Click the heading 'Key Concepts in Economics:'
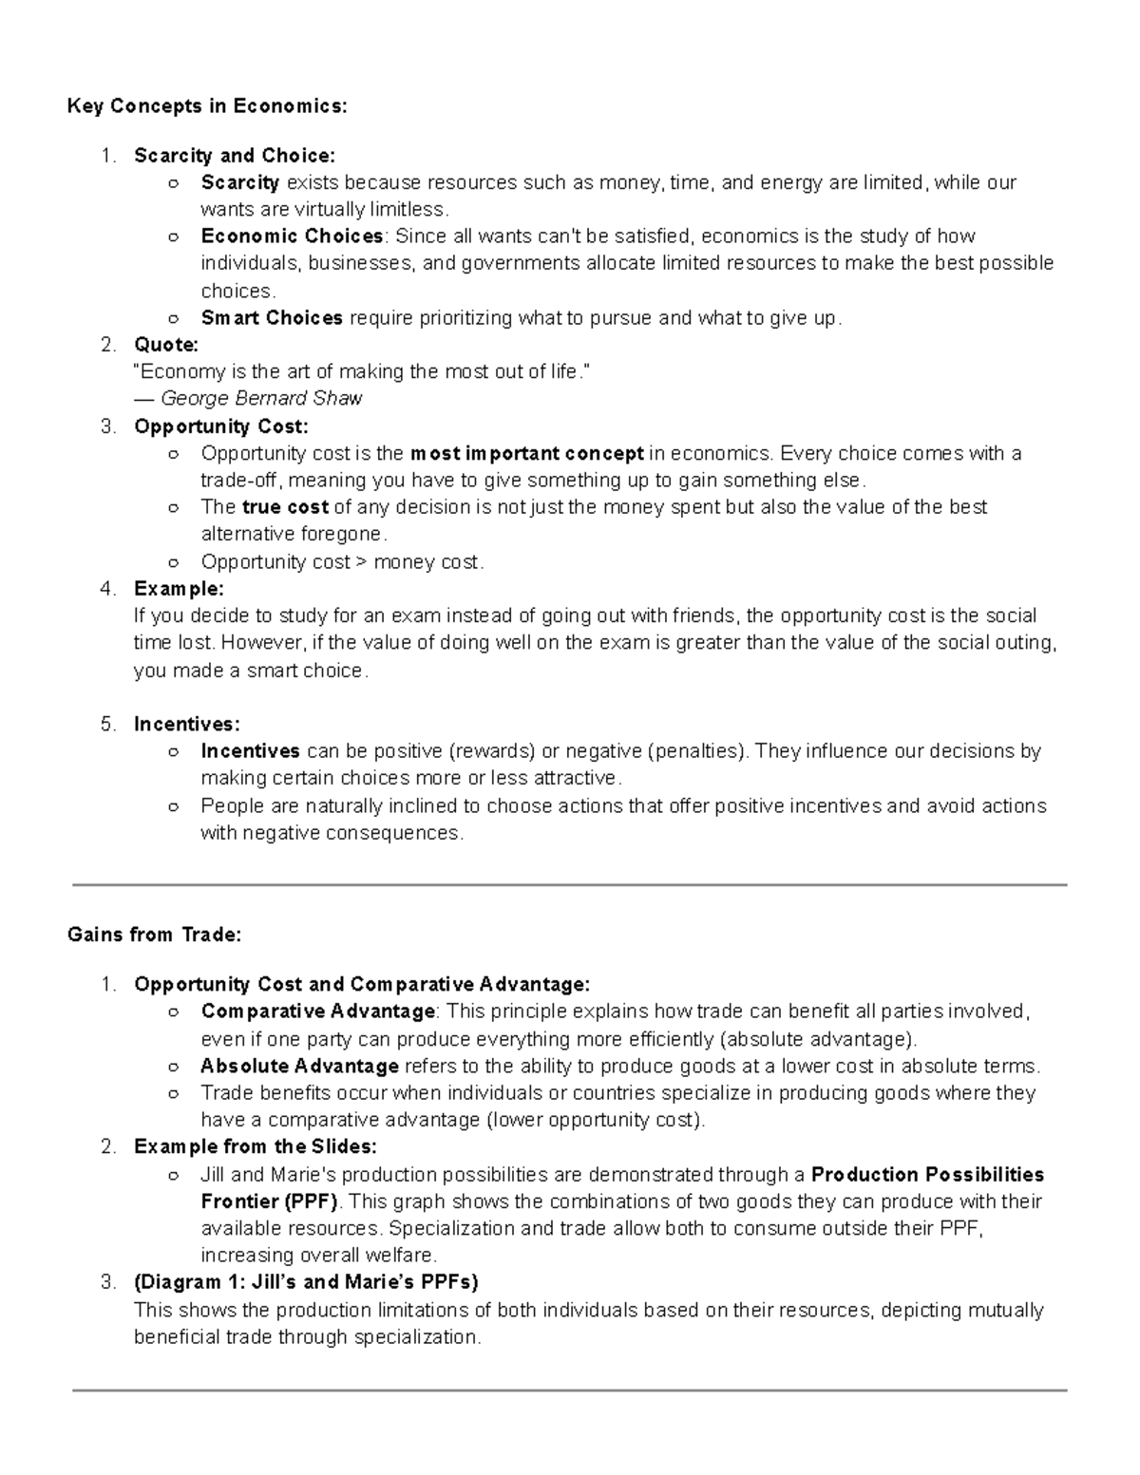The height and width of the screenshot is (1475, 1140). (x=207, y=106)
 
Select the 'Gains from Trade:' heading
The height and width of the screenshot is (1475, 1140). (x=155, y=935)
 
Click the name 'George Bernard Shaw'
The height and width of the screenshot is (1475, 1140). (x=261, y=399)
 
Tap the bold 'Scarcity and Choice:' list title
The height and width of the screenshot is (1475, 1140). (x=235, y=156)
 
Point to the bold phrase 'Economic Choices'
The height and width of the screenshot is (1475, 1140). (x=292, y=236)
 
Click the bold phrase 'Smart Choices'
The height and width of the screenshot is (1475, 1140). (x=272, y=318)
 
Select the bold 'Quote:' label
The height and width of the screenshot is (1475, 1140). (x=166, y=345)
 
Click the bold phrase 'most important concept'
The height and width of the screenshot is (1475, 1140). (x=526, y=454)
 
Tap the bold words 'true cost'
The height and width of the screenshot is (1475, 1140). (x=285, y=507)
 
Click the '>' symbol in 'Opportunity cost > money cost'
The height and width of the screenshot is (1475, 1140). (x=361, y=562)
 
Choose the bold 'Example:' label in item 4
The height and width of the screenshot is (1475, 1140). (x=179, y=589)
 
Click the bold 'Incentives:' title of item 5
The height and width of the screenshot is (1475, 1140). (x=187, y=725)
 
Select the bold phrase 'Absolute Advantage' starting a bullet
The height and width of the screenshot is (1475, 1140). (x=299, y=1066)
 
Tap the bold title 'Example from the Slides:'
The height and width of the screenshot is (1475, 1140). (x=256, y=1147)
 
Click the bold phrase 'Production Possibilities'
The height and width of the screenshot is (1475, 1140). (x=927, y=1175)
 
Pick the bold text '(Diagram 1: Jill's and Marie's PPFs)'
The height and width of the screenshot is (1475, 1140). (x=306, y=1282)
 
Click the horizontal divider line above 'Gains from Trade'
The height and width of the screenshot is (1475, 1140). (x=570, y=885)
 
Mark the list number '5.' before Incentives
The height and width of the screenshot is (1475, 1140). (x=108, y=725)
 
